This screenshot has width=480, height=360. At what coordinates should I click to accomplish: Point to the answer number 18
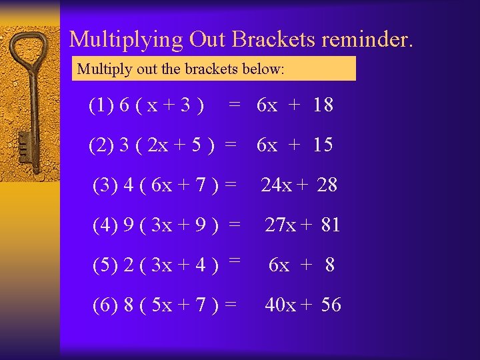322,105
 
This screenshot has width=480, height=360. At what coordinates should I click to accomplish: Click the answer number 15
322,145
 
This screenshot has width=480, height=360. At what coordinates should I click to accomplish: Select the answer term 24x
276,185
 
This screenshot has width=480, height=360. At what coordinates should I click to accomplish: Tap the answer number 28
327,185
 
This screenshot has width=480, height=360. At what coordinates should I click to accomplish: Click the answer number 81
330,225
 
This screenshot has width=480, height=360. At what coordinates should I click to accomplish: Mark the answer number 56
331,305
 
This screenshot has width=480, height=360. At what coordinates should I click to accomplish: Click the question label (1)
101,105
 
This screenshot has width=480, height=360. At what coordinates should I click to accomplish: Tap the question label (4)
105,226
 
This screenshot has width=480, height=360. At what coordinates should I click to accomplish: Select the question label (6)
105,305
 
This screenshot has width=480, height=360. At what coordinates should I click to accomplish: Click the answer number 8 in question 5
329,265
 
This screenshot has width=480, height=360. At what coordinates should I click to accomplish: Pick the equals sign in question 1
234,104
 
